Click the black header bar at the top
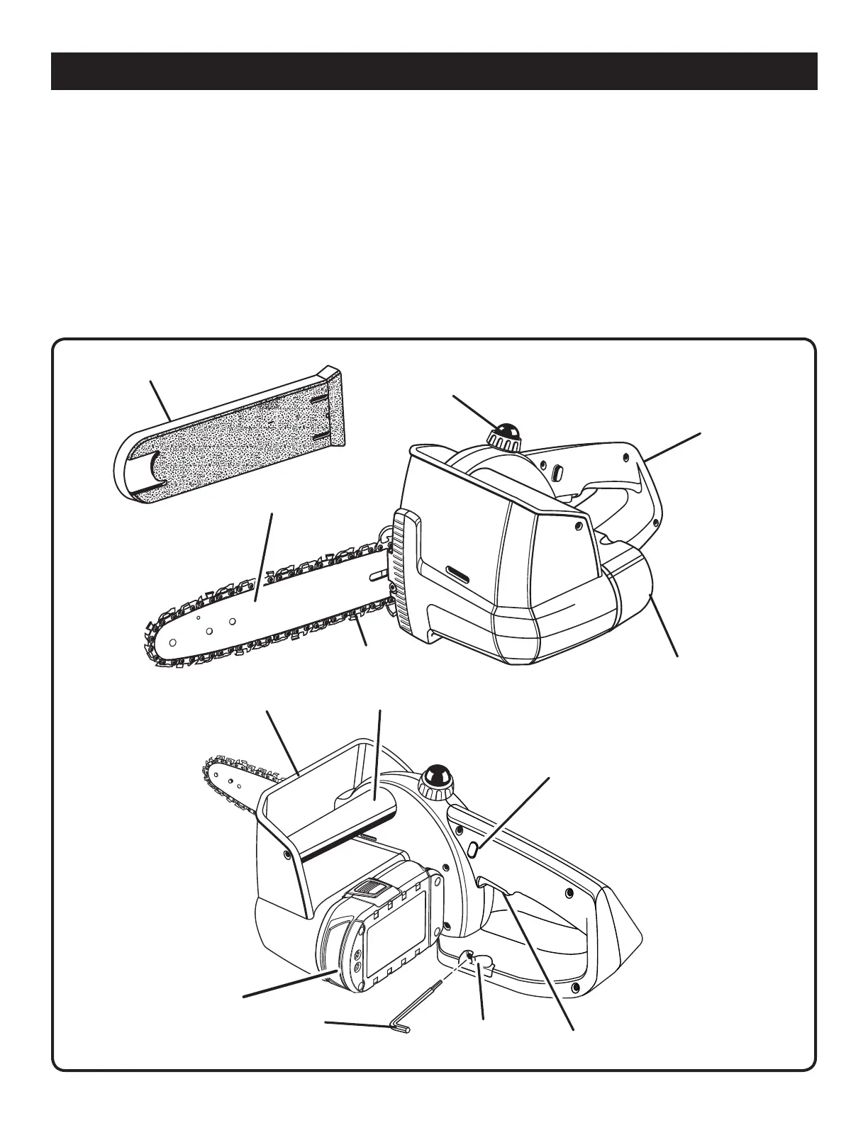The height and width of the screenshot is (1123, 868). click(434, 71)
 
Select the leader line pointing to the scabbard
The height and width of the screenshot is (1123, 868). click(160, 400)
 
